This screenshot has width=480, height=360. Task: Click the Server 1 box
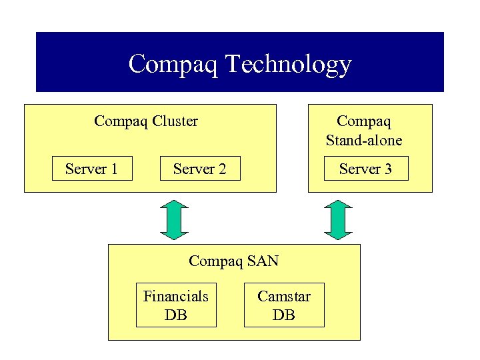pos(92,169)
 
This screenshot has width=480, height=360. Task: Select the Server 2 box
pos(199,169)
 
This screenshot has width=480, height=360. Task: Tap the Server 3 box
pos(365,169)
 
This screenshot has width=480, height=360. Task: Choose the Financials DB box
pos(176,305)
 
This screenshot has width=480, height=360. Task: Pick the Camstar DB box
pos(284,305)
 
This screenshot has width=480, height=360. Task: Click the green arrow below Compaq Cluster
pos(175,219)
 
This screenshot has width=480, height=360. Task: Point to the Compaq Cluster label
pos(146,121)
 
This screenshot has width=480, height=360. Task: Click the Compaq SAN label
pos(233,261)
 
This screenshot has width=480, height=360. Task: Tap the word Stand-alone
pos(364,141)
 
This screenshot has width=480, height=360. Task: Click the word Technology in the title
pos(289,65)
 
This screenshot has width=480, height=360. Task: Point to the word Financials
pos(176,296)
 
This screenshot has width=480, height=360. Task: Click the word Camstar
pos(284,296)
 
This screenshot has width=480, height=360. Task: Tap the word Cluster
pos(175,121)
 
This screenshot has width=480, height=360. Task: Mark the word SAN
pos(263,261)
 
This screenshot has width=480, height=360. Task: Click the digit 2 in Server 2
pos(221,169)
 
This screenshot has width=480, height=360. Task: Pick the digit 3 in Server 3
pos(387,169)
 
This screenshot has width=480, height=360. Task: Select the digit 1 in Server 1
pos(114,169)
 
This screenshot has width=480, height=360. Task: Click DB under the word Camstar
pos(284,315)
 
